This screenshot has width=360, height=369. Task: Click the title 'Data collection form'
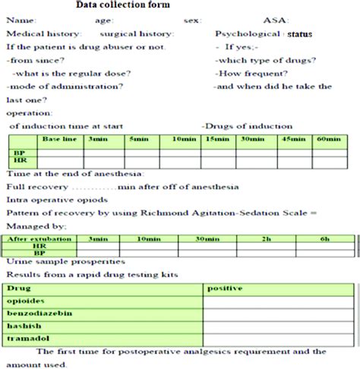point(128,6)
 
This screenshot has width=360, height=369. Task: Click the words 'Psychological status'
point(264,35)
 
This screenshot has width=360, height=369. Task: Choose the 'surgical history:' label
point(137,35)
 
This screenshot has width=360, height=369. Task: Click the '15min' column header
point(219,140)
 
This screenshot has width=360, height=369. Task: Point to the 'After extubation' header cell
point(34,239)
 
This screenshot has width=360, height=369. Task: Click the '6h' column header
point(325,239)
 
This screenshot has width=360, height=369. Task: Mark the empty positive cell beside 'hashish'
point(278,326)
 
